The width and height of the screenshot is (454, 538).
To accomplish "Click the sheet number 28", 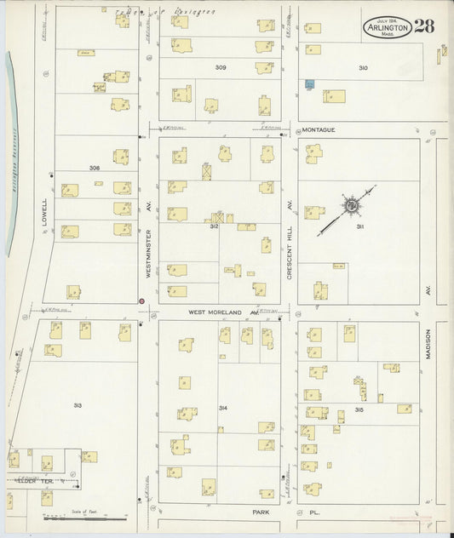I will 424,26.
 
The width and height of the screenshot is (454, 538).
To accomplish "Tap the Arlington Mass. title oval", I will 388,26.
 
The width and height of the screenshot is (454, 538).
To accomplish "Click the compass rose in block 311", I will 350,204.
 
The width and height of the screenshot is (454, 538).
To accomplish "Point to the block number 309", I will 221,67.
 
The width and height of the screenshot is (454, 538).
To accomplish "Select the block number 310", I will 364,67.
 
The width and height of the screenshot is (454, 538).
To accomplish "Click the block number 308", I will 94,168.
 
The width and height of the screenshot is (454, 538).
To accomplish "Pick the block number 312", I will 215,226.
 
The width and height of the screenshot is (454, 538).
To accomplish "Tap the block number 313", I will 78,405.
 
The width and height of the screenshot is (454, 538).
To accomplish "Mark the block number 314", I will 222,409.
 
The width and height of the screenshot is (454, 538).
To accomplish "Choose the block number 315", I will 359,412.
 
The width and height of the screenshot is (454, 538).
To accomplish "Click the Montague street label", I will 319,129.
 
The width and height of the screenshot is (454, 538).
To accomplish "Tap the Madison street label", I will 429,345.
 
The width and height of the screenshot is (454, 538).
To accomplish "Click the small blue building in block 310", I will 310,83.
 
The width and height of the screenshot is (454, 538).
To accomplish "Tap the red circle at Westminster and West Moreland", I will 141,300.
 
